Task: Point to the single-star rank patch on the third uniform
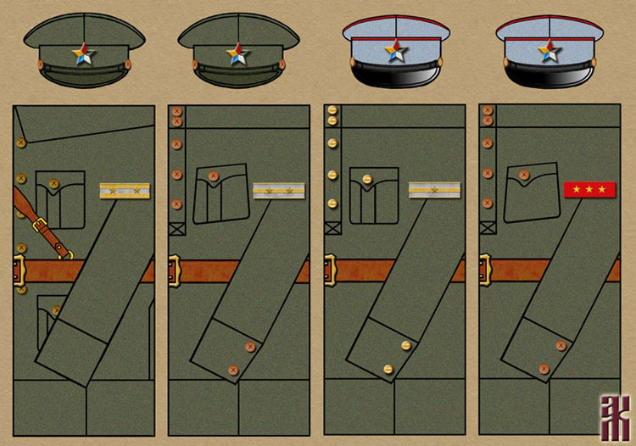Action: point(434,191)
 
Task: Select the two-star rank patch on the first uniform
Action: point(124,191)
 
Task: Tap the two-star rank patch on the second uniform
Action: point(278,191)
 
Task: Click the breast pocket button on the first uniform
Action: point(54,183)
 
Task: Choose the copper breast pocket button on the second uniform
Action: point(213,177)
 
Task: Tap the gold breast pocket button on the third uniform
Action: point(366,179)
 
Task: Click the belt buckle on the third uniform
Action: point(329,270)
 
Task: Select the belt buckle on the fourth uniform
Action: point(485,270)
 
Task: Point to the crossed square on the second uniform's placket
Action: point(176,228)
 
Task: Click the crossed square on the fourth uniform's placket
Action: point(486,228)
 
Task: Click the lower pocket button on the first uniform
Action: point(56,310)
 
